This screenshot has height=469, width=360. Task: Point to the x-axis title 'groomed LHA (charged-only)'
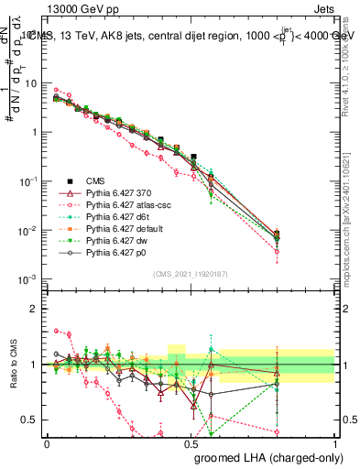pyautogui.click(x=267, y=458)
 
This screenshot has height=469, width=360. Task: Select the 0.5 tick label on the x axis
pyautogui.click(x=191, y=442)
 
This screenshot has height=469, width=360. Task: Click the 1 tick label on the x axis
pyautogui.click(x=335, y=442)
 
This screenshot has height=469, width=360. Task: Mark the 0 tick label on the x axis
pyautogui.click(x=47, y=442)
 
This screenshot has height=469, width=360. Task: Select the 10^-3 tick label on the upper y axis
pyautogui.click(x=30, y=278)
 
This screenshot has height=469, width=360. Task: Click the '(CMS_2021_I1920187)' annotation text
pyautogui.click(x=191, y=274)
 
